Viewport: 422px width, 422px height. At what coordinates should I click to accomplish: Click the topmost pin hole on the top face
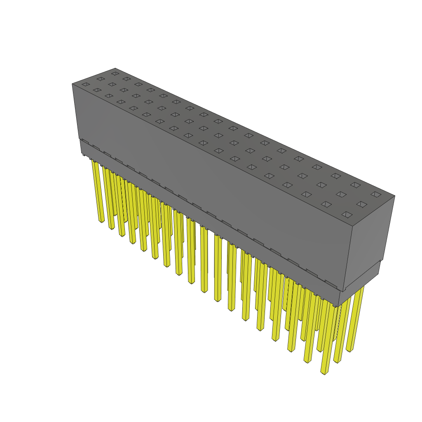tap(115, 74)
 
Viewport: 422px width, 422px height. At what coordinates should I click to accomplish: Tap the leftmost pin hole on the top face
tap(85, 84)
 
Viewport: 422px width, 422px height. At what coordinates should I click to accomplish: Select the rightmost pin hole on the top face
tap(375, 194)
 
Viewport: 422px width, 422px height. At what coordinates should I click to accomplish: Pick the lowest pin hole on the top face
tap(347, 215)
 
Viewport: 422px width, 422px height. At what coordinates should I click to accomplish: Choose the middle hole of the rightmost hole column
tap(361, 204)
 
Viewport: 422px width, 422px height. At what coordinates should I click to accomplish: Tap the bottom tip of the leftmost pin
tap(101, 221)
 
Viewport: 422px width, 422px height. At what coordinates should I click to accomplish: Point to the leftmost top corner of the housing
tap(72, 84)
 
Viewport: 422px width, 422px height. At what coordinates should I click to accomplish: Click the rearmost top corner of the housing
tap(115, 68)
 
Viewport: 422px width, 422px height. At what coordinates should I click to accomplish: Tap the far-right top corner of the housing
tap(395, 196)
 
